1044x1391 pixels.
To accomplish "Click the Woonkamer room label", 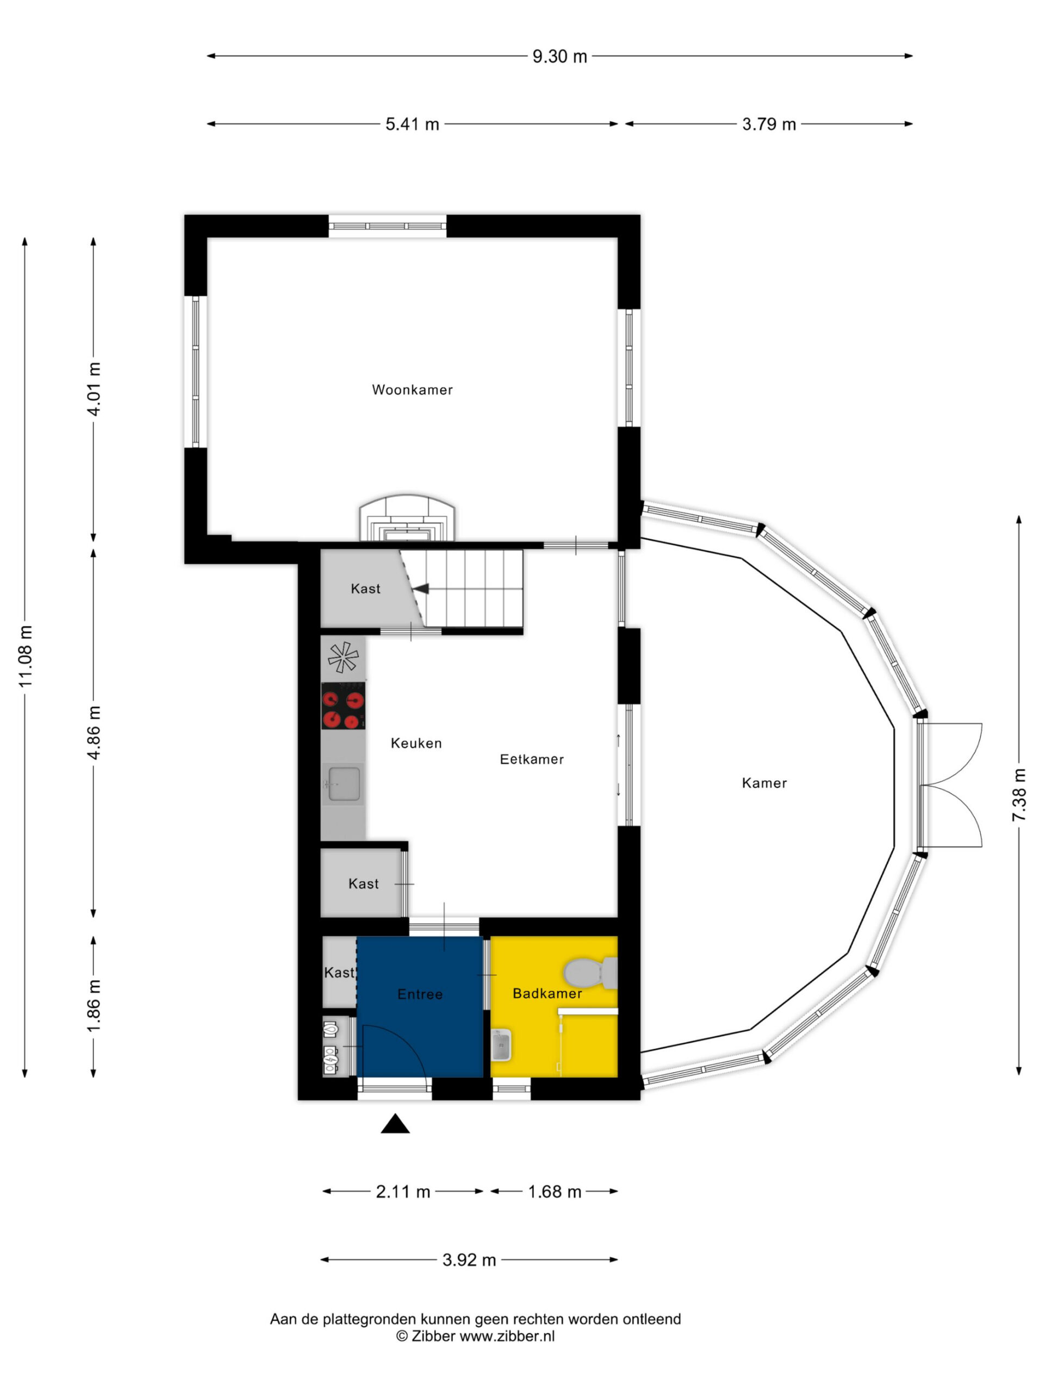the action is tap(412, 390).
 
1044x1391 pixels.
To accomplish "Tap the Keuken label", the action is tap(416, 743).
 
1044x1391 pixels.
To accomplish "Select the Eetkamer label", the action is tap(532, 760).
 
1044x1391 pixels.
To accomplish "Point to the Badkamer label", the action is tap(547, 994).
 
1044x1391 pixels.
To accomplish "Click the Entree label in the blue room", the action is tap(420, 994).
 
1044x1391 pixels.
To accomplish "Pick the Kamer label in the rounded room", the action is tap(764, 783).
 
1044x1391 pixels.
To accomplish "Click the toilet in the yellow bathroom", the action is tap(591, 972).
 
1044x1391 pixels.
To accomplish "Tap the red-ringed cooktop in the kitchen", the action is tap(343, 706).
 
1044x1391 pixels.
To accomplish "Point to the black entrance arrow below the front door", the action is tap(395, 1123).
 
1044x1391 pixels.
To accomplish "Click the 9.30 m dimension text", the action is tap(560, 57).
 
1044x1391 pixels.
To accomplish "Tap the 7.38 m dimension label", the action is tap(1019, 795).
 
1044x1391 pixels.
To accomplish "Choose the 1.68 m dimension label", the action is tap(555, 1192).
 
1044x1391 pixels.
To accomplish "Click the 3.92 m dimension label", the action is tap(469, 1260).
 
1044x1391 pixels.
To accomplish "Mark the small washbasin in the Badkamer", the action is tap(501, 1045).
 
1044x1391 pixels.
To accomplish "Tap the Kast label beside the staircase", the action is tap(365, 588).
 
